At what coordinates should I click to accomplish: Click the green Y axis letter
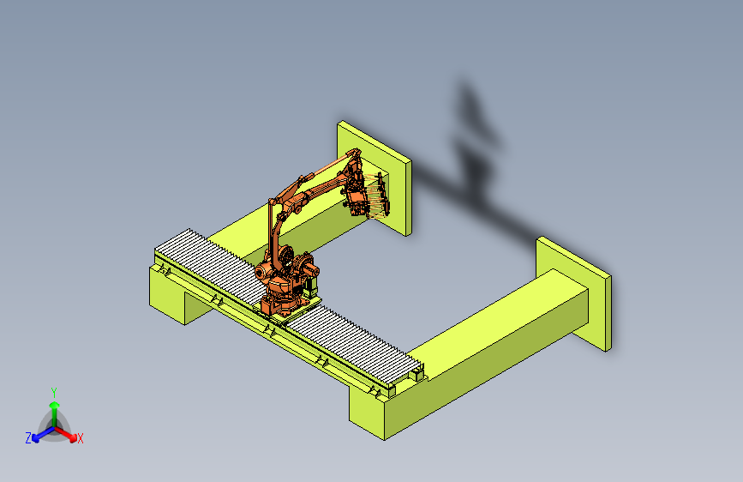54,393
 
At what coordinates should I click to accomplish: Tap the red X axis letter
80,439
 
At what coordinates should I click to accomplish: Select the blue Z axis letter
28,438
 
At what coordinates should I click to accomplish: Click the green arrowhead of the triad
55,405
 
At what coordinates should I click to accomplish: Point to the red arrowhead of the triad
73,437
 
